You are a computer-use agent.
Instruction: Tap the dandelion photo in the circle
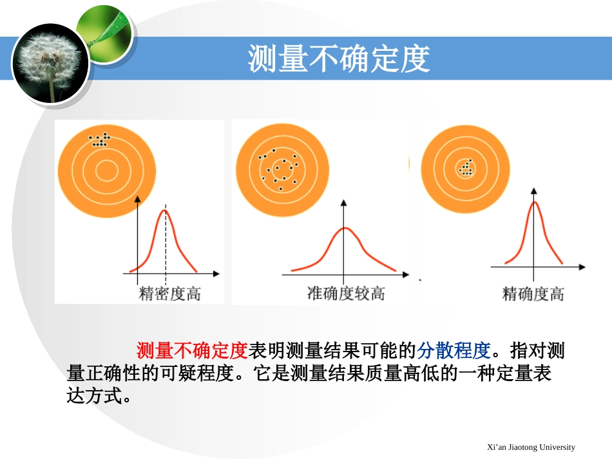50,63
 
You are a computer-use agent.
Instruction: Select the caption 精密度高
170,294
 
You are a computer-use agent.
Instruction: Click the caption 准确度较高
346,294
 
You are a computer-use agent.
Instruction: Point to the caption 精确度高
533,294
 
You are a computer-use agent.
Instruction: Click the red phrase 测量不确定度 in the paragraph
192,351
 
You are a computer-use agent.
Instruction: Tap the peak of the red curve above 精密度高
165,211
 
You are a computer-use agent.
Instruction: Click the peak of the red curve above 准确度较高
345,229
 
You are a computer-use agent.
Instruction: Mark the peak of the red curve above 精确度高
534,203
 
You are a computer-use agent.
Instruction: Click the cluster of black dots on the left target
99,140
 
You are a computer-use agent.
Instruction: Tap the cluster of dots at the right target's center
466,169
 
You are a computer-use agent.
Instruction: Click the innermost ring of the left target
106,170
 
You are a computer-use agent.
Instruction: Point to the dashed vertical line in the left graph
166,258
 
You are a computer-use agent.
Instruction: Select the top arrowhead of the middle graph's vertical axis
344,202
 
